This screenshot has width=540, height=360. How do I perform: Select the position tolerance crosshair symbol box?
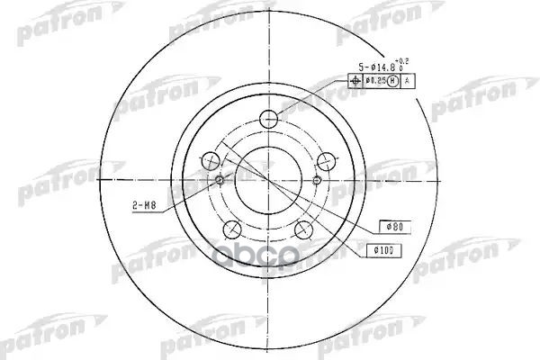coord(353,82)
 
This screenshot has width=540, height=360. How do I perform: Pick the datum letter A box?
coord(407,82)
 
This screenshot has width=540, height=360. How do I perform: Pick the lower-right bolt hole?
coord(304,226)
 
